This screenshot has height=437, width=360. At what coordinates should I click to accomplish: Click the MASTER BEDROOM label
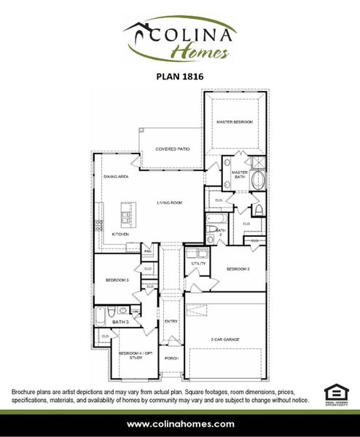(234, 122)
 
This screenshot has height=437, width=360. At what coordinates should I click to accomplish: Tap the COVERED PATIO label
(173, 149)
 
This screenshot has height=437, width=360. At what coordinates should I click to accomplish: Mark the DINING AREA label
(116, 177)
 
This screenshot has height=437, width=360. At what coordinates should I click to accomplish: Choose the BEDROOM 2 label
(238, 269)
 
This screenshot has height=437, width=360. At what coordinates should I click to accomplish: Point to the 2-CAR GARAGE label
(225, 339)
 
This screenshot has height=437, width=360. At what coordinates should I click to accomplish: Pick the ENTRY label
(171, 321)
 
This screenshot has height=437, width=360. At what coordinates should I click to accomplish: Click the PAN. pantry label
(147, 251)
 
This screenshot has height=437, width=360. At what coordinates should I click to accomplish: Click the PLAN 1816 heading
(179, 74)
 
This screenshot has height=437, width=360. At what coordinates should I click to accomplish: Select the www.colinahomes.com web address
(180, 424)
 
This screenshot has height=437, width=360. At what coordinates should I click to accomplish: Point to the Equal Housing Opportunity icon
(334, 394)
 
